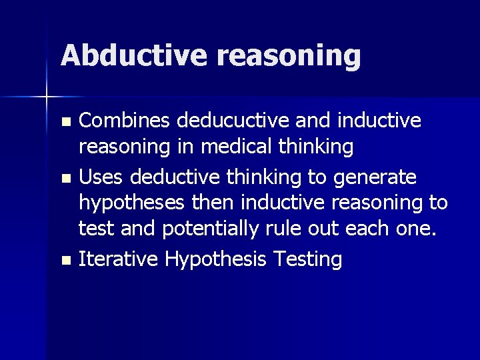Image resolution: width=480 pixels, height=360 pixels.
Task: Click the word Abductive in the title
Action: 134,55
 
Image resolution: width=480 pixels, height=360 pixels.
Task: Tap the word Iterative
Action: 117,259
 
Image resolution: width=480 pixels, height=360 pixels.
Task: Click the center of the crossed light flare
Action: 47,97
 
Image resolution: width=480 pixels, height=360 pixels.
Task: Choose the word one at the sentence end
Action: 416,229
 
